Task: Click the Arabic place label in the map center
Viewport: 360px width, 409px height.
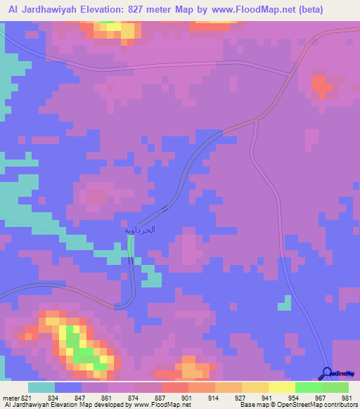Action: tap(139, 230)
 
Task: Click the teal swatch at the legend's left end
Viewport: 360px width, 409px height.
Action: tap(41, 387)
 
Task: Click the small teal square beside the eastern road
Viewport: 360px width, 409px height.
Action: tap(284, 303)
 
